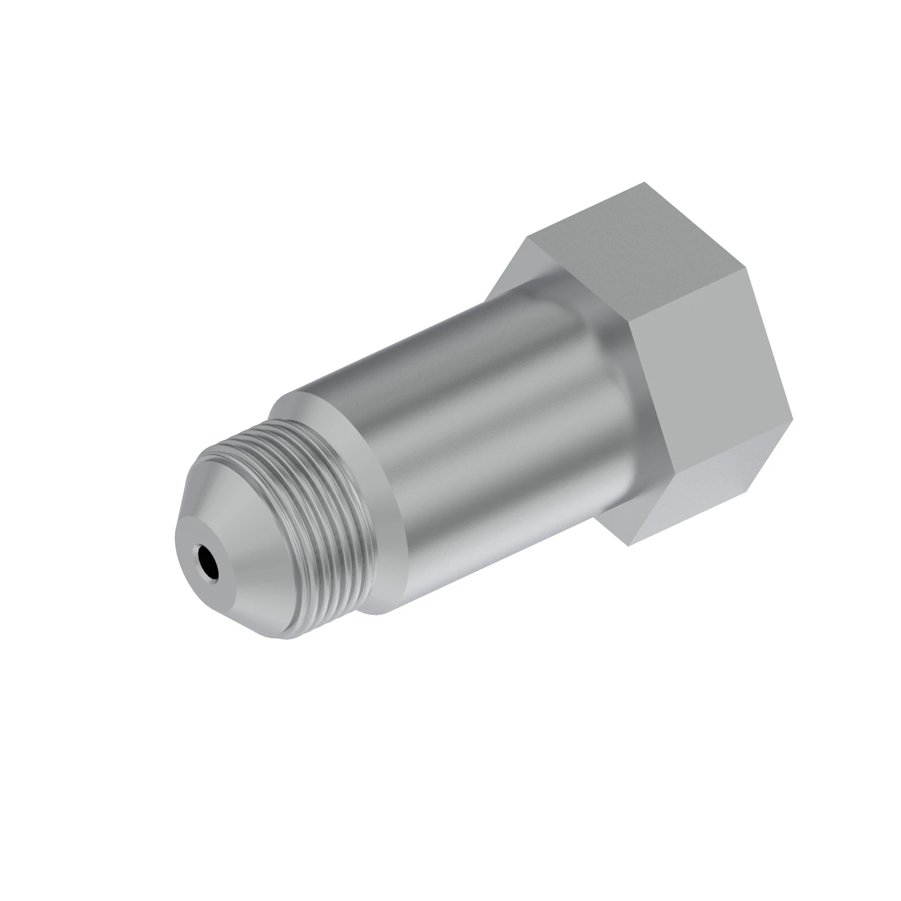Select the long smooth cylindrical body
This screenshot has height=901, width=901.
pos(490,429)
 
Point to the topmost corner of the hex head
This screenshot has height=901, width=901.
pos(645,182)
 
